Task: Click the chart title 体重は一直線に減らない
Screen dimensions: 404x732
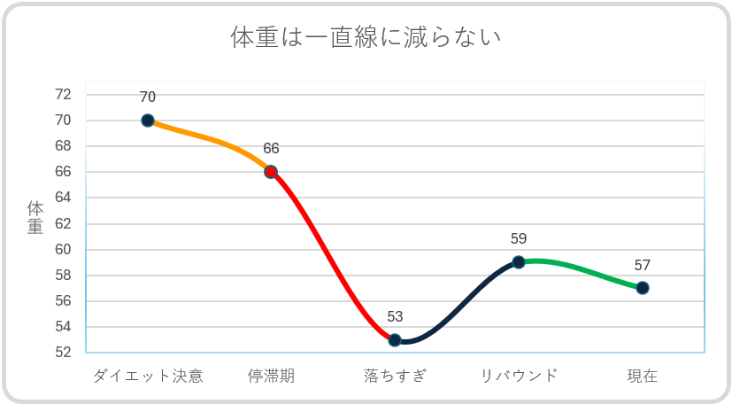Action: click(366, 38)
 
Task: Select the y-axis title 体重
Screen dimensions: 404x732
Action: click(35, 218)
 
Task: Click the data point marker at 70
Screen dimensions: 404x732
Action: click(148, 120)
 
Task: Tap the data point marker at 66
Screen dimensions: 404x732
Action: click(271, 172)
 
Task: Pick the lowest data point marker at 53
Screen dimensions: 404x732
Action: click(395, 340)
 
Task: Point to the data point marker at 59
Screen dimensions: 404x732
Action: click(519, 262)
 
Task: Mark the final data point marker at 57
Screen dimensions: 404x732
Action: click(643, 288)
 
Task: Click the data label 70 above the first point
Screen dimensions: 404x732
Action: click(148, 97)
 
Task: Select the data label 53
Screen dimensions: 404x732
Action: click(395, 317)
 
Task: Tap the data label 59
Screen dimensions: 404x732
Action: click(519, 239)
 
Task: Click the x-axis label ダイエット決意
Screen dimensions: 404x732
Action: click(148, 376)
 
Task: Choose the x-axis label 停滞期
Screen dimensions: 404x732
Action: click(271, 376)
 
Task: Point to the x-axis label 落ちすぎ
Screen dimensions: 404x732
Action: click(395, 376)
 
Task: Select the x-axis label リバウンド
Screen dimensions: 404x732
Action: click(519, 376)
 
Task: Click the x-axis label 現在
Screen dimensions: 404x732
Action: click(643, 376)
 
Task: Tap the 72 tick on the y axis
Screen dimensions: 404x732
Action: click(63, 95)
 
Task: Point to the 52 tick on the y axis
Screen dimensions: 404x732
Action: click(63, 353)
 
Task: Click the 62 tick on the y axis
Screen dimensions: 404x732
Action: click(63, 224)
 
